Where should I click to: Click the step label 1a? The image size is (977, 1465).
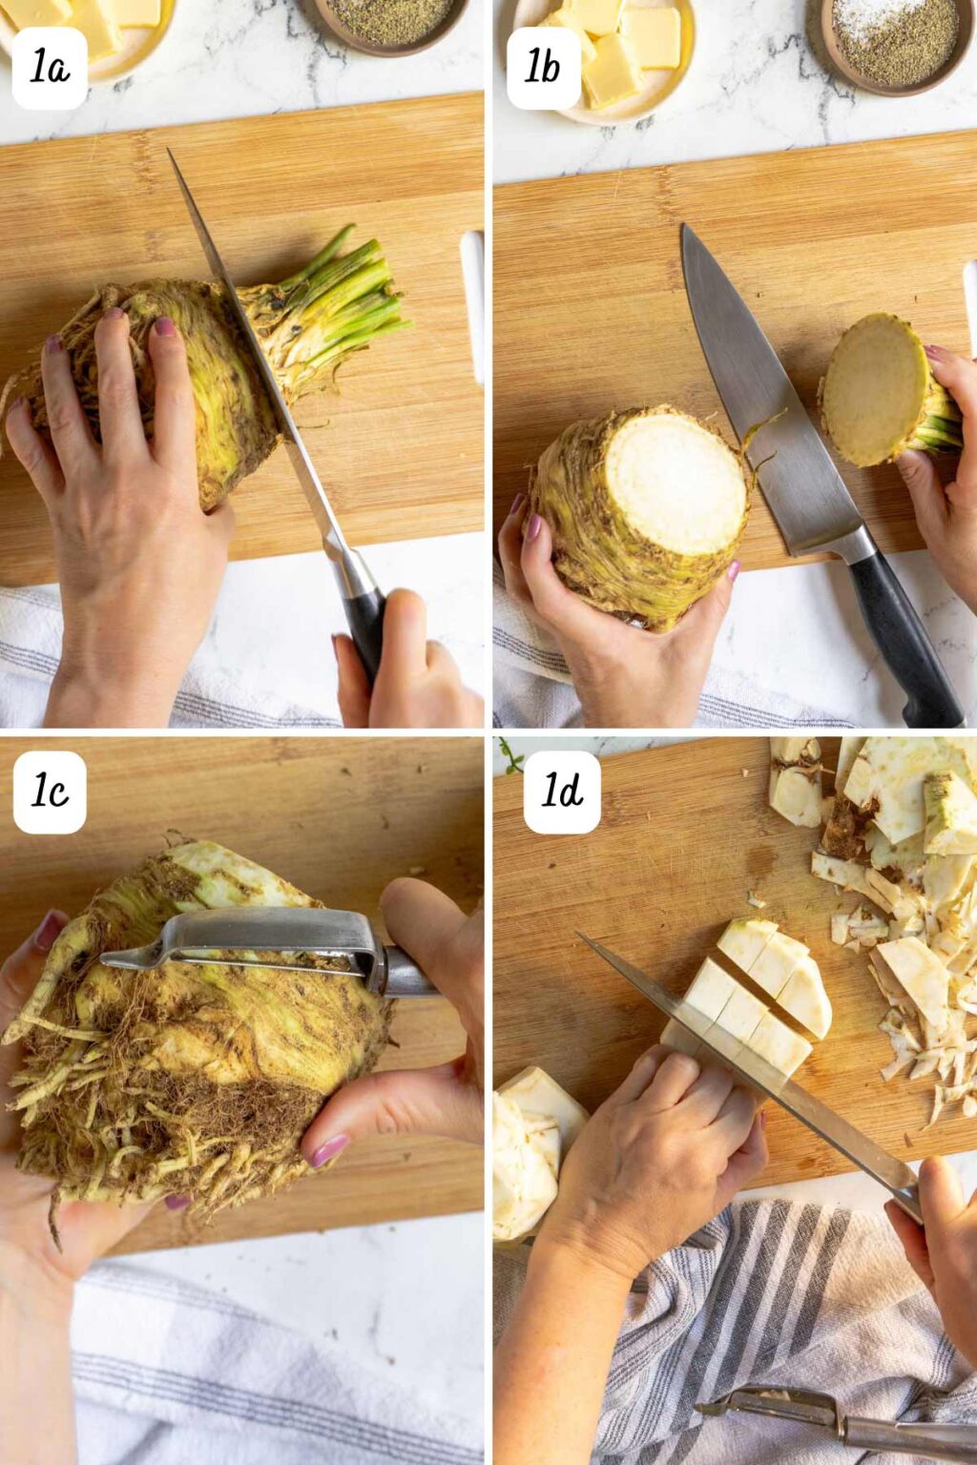(50, 69)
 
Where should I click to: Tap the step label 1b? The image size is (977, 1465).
(543, 68)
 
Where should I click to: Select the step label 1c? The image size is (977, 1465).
(50, 792)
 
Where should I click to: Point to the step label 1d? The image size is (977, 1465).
(562, 791)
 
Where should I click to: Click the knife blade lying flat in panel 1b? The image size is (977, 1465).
(763, 401)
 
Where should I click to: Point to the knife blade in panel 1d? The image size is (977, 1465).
(744, 1049)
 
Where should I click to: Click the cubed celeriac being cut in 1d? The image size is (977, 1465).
(763, 992)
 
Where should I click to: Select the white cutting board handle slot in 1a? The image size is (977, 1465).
(472, 305)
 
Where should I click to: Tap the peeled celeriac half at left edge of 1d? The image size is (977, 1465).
(530, 1154)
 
